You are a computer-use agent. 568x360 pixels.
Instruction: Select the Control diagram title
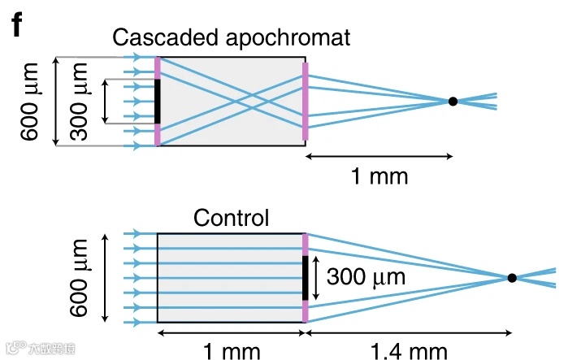pos(231,218)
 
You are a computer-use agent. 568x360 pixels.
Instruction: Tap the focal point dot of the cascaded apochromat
pos(453,102)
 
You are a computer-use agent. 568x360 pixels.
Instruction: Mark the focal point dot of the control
pos(512,278)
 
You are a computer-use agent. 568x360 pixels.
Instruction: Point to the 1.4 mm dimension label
pos(409,351)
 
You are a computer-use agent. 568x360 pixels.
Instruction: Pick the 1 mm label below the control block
pos(231,351)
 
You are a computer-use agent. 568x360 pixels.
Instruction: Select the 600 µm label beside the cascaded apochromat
pos(30,102)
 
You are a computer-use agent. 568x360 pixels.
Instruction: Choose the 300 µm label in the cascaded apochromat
pos(80,102)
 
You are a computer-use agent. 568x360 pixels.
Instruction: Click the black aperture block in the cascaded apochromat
pos(157,101)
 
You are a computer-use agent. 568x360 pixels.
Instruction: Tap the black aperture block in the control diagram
pos(306,278)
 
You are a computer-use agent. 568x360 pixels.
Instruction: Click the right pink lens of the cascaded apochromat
pos(306,102)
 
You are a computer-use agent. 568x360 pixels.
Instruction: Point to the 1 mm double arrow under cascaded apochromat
pos(379,154)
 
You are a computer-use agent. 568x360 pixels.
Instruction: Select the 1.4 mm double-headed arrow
pos(409,332)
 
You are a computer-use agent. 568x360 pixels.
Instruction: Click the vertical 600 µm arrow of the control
pos(106,278)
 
